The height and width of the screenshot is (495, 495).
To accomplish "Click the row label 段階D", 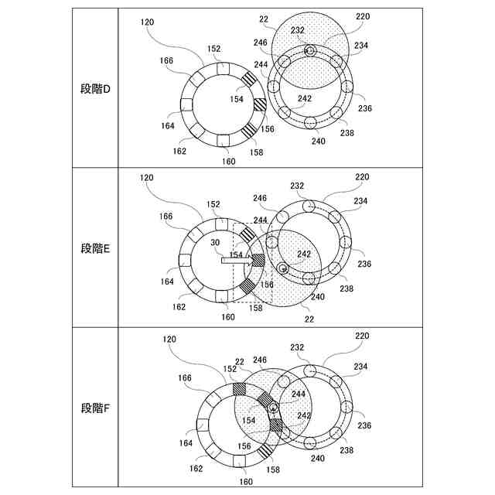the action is tap(95, 90).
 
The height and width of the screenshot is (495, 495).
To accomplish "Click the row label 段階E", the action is tap(95, 248).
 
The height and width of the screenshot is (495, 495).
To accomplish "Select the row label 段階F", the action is tap(95, 408).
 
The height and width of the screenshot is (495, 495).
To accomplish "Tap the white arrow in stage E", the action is tap(237, 261).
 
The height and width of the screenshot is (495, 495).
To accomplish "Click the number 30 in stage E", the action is tap(215, 242).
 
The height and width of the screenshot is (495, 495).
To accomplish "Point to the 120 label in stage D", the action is tap(147, 22).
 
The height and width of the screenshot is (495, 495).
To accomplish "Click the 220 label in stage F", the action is tap(362, 336).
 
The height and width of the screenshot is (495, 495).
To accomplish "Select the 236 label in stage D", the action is tap(365, 108).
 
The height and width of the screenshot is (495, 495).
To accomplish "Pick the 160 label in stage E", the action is tap(228, 316).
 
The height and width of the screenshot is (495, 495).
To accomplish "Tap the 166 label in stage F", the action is tap(185, 377).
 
